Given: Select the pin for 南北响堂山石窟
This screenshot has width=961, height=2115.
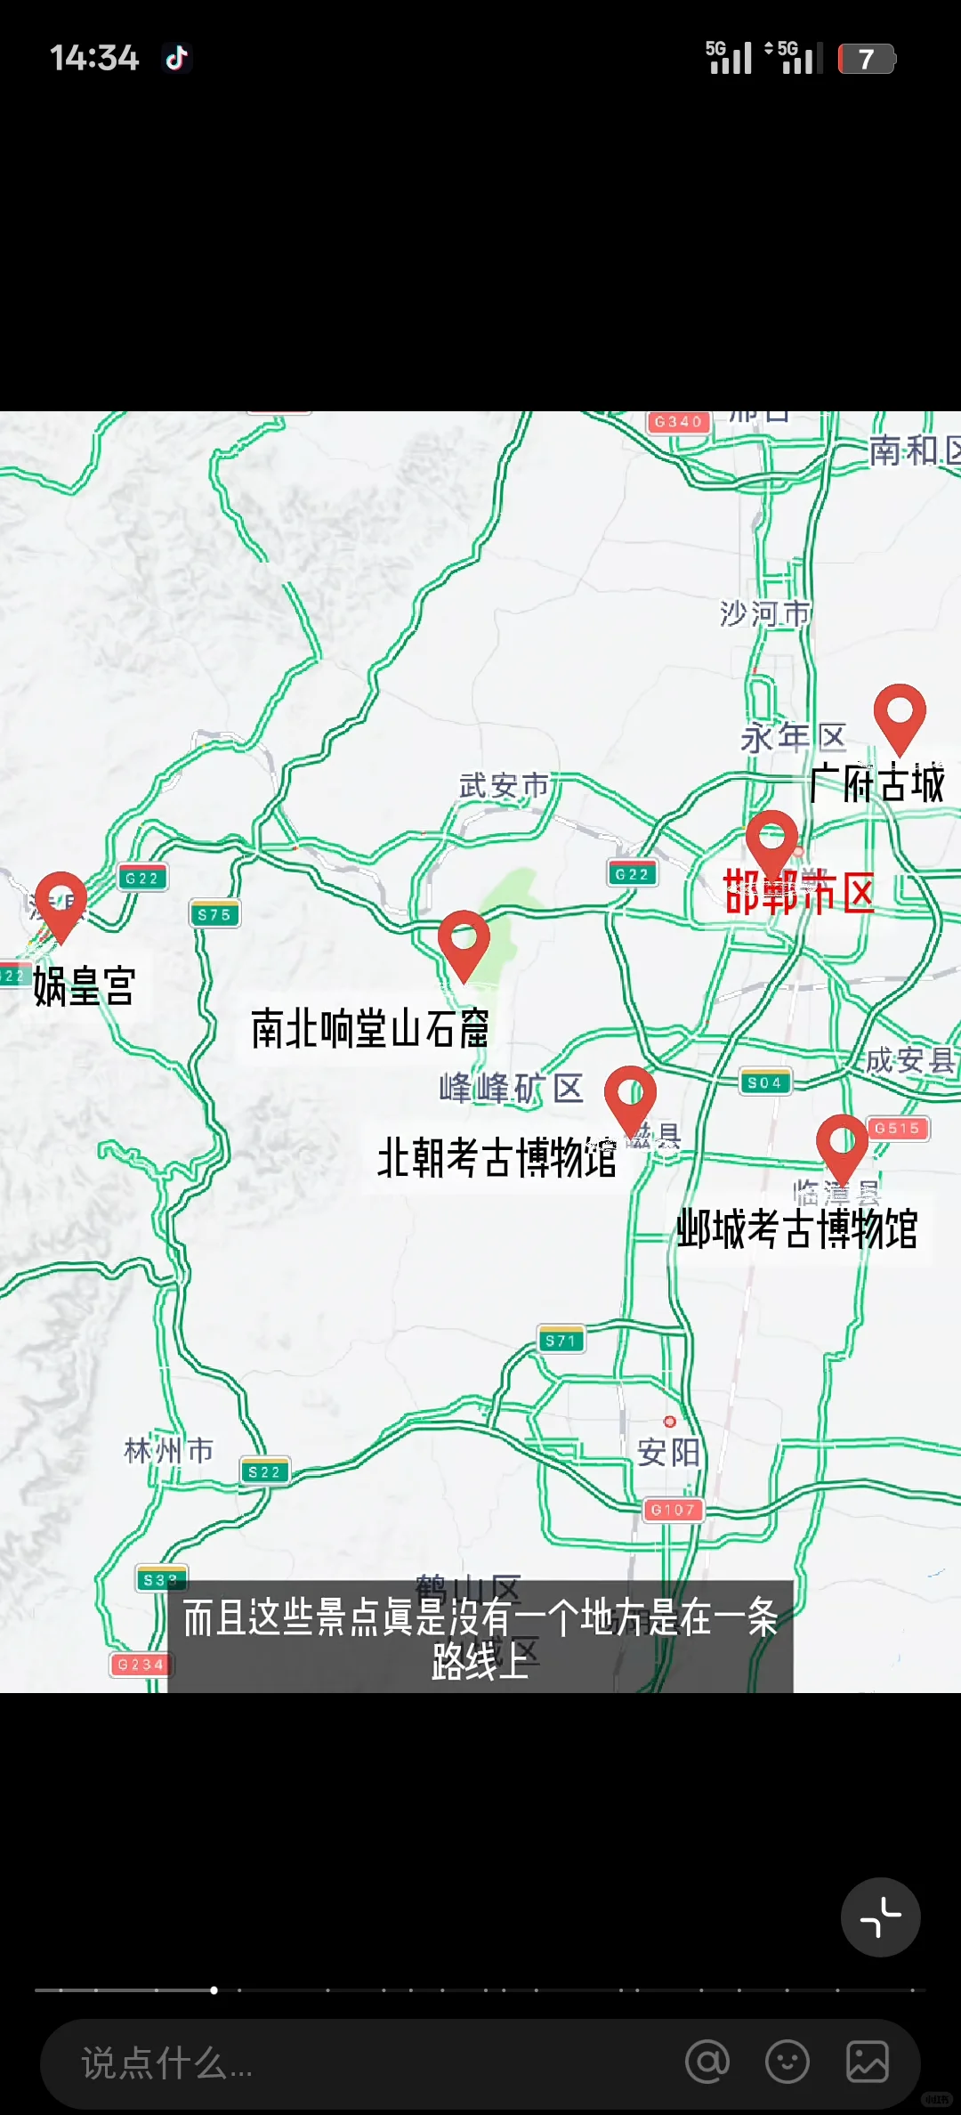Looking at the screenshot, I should [464, 942].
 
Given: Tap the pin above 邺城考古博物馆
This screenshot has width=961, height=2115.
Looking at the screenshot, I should [842, 1145].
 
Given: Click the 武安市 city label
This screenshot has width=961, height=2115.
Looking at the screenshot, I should [504, 786].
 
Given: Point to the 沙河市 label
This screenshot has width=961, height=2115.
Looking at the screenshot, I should [764, 613].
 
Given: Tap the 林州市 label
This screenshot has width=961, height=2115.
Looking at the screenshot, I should [168, 1451].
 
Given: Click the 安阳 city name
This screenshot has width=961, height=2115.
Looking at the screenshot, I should [668, 1453].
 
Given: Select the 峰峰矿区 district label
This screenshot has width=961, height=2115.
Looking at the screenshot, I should [511, 1088].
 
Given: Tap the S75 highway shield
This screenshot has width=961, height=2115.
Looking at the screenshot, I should [214, 914].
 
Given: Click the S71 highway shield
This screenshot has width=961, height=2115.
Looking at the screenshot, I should [561, 1341].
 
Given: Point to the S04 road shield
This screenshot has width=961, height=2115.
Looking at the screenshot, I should [764, 1082].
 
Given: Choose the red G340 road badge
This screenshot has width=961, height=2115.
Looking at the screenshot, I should [679, 422].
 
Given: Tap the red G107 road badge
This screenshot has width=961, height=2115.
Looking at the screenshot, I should [673, 1510].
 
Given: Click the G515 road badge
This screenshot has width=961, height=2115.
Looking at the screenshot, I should [897, 1129].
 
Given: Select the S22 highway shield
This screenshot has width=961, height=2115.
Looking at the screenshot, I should [264, 1472].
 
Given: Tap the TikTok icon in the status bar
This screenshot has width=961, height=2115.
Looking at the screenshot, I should [176, 59].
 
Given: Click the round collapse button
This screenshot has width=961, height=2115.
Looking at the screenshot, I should [880, 1916].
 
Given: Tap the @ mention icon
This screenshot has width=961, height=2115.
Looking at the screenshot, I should [707, 2062].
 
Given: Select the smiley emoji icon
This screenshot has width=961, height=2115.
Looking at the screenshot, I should [787, 2062].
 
